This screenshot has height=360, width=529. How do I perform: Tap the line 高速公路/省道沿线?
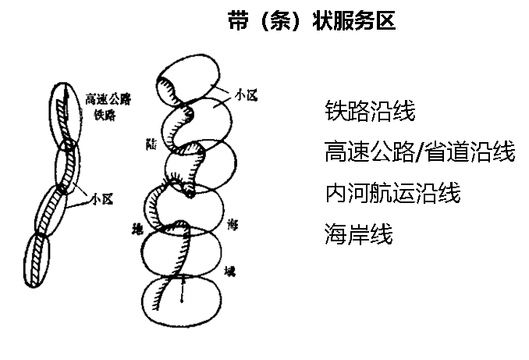419,151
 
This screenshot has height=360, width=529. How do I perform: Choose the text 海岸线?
358,233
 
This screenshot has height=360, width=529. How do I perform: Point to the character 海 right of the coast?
232,224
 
